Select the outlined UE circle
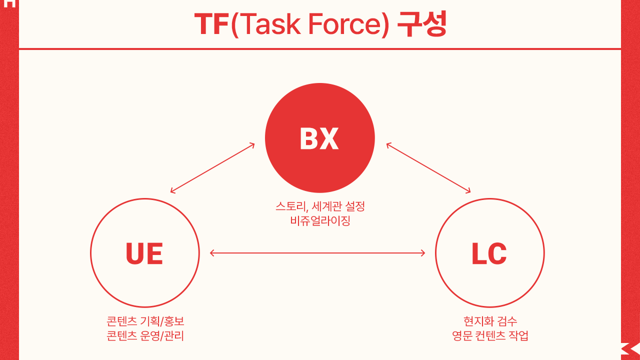pyautogui.click(x=145, y=285)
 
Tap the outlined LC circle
pyautogui.click(x=489, y=285)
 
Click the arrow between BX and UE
pyautogui.click(x=212, y=168)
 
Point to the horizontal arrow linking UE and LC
pyautogui.click(x=317, y=253)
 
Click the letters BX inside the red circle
pyautogui.click(x=319, y=138)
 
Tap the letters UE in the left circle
pyautogui.click(x=144, y=253)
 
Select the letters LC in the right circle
pyautogui.click(x=489, y=253)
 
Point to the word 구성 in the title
pyautogui.click(x=421, y=24)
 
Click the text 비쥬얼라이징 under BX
pyautogui.click(x=320, y=220)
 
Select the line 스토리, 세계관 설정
pyautogui.click(x=320, y=206)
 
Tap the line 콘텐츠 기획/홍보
pyautogui.click(x=145, y=321)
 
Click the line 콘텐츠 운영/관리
pyautogui.click(x=145, y=335)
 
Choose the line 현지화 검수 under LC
pyautogui.click(x=490, y=321)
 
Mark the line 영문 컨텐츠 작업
pyautogui.click(x=490, y=335)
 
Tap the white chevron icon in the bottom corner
pyautogui.click(x=630, y=349)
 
